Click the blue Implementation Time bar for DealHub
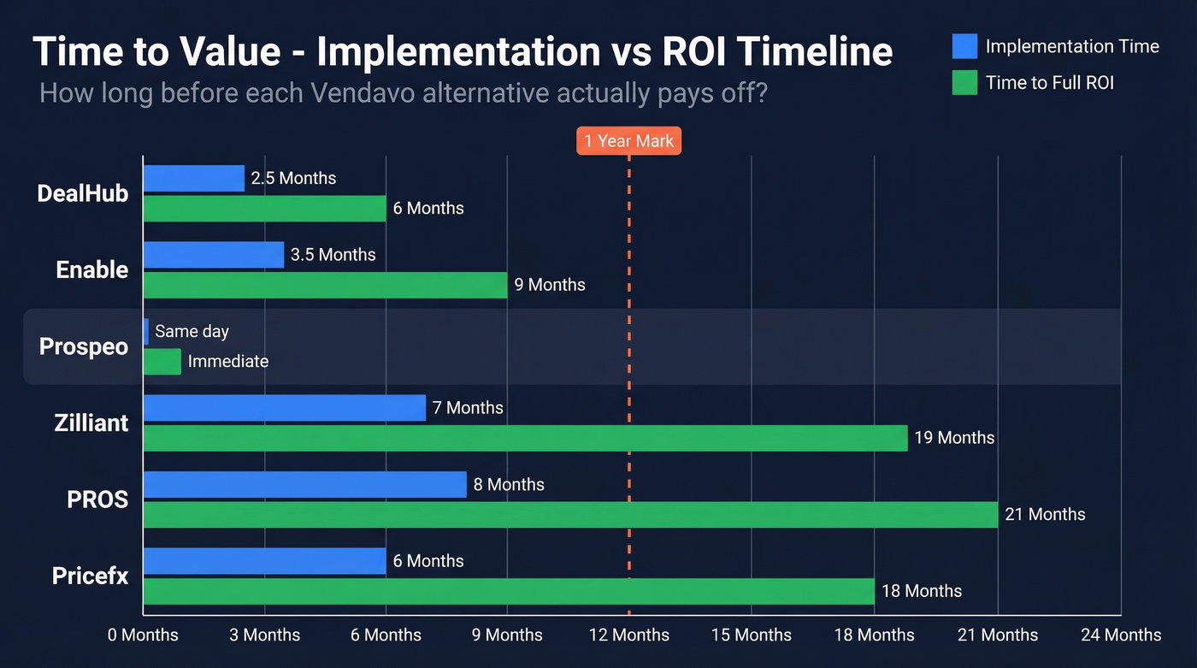tap(193, 178)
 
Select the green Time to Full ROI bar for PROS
tap(569, 514)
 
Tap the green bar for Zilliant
tap(524, 438)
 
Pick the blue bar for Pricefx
tap(264, 561)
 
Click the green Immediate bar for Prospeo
tap(162, 361)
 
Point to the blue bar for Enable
tap(213, 255)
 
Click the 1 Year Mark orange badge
tap(629, 141)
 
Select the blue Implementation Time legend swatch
tap(964, 46)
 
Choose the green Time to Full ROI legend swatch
tap(964, 82)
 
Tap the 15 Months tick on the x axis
tap(752, 635)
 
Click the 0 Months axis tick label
tap(144, 635)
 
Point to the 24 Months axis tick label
tap(1120, 635)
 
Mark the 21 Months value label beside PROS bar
tap(1045, 514)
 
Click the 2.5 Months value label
tap(293, 178)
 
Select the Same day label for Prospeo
tap(192, 331)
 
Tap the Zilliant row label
tap(91, 423)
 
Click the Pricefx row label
tap(90, 576)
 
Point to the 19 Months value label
tap(954, 438)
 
